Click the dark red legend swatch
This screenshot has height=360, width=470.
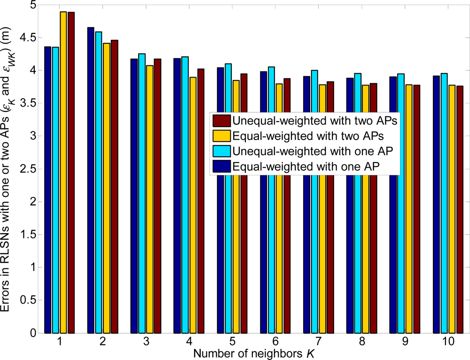221,120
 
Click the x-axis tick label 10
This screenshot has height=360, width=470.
447,343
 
